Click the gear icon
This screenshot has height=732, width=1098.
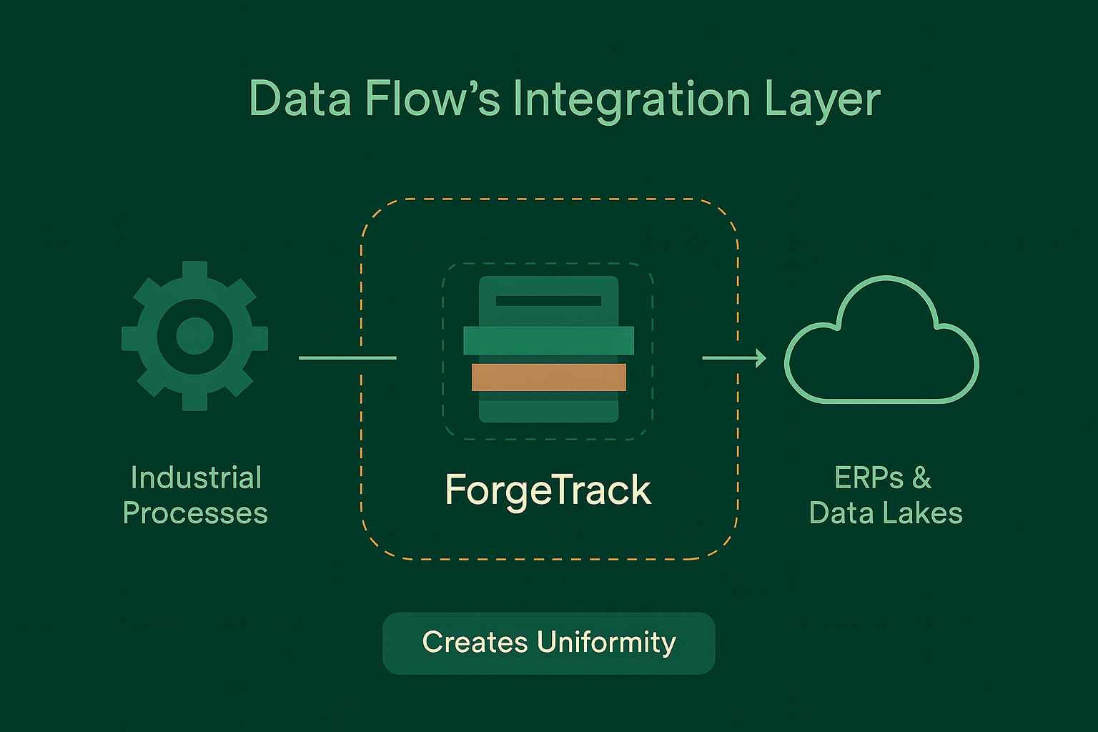pos(194,336)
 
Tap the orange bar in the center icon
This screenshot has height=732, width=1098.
pos(548,377)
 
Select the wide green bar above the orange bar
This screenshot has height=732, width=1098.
pos(548,340)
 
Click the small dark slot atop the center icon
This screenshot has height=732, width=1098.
pos(548,301)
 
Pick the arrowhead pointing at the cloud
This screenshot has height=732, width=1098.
pos(760,357)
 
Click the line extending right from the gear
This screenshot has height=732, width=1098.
pos(347,357)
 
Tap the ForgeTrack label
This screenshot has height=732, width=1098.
pos(548,490)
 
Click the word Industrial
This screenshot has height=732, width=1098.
pos(196,478)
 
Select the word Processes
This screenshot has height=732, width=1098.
pos(195,513)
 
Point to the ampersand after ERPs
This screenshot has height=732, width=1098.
pos(921,478)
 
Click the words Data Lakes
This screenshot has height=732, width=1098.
pos(886,513)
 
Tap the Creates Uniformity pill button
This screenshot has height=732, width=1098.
pos(548,643)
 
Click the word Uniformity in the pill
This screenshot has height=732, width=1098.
pos(606,643)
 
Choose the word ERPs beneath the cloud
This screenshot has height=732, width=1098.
pos(869,478)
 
